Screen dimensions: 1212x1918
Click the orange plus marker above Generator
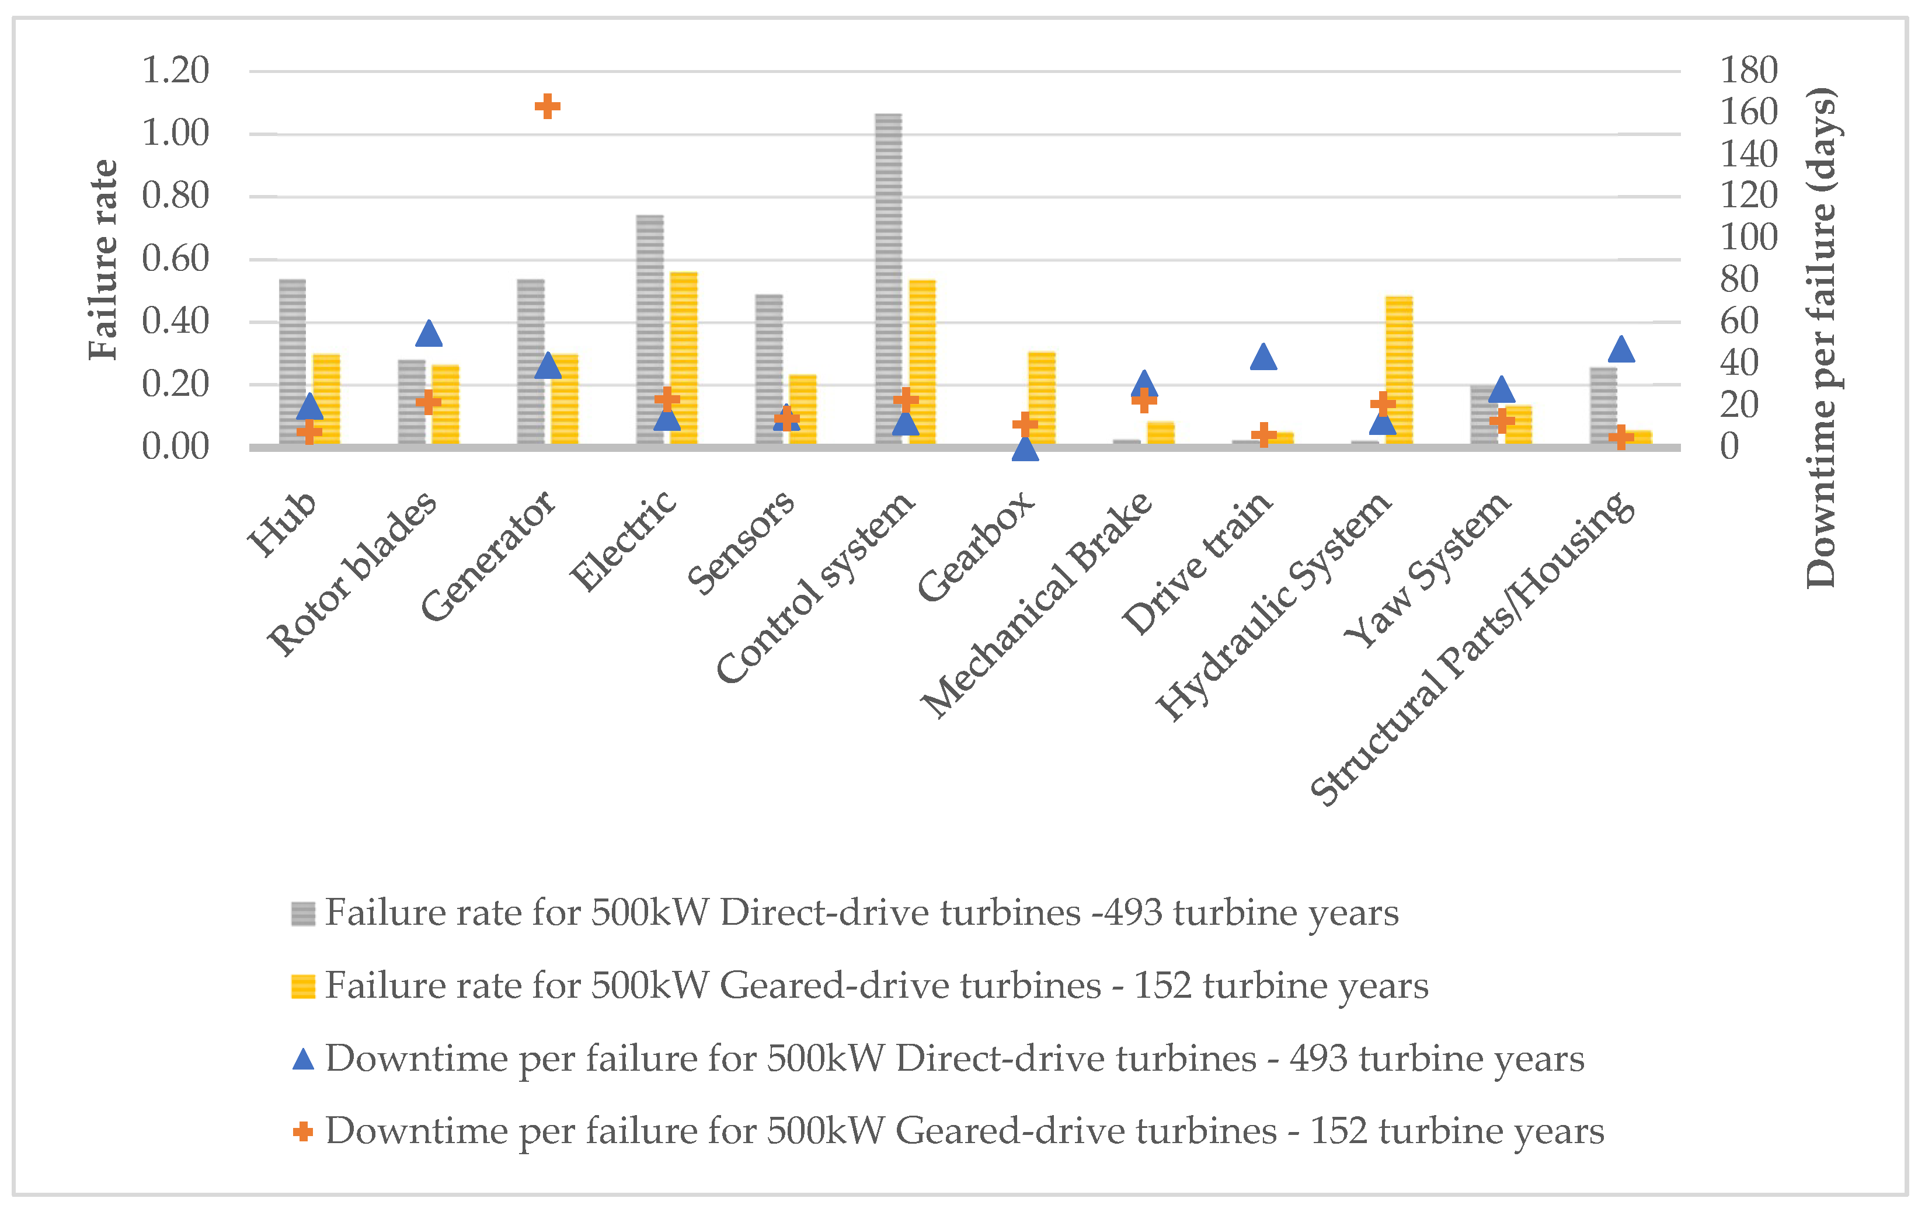pos(547,106)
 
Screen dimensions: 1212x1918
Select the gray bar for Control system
pos(888,278)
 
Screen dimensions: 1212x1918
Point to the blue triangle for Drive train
pos(1263,357)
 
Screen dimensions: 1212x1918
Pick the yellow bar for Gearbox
pos(1042,398)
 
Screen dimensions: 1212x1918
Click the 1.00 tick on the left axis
pos(175,133)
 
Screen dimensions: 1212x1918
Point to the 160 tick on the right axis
pos(1748,112)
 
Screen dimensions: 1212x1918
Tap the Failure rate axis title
pos(103,260)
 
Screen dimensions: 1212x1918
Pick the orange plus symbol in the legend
pos(302,1131)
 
